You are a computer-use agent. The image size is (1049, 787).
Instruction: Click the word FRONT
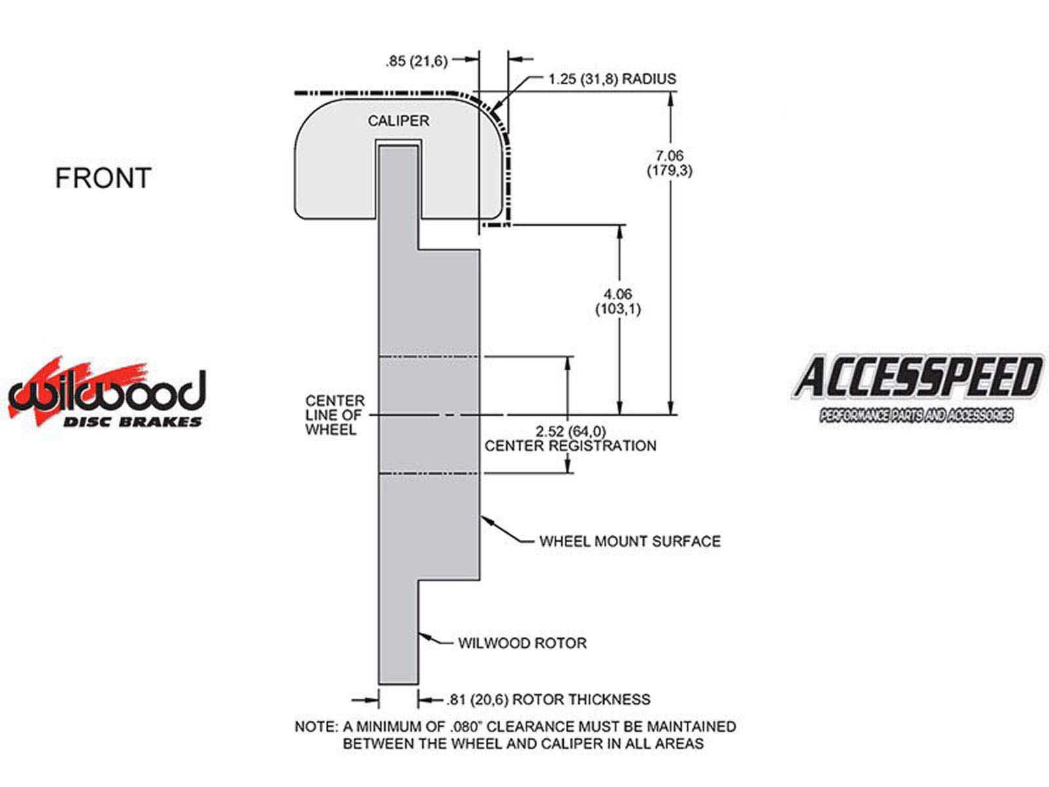[103, 178]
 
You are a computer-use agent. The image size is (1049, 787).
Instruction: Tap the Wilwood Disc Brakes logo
[107, 392]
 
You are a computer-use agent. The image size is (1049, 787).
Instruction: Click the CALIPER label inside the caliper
[399, 121]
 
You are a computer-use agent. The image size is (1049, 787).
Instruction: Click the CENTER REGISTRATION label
[570, 446]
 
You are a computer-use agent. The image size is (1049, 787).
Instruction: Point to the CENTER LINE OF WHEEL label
[335, 415]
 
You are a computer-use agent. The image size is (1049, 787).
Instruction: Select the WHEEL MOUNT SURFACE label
[630, 541]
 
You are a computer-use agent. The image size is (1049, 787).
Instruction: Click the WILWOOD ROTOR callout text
[522, 643]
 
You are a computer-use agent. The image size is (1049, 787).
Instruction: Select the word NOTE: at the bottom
[317, 727]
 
